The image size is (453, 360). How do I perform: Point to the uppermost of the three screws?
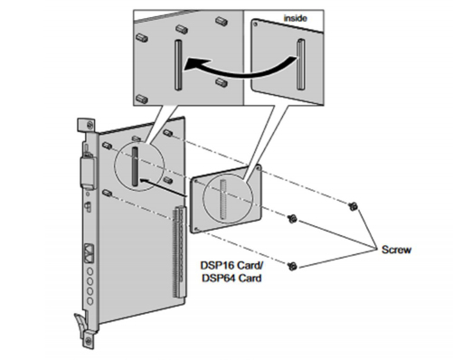(x=354, y=207)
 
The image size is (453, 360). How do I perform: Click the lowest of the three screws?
(x=294, y=265)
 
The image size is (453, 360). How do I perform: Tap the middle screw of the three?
(x=294, y=218)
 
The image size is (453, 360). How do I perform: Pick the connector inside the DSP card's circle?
(x=222, y=199)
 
